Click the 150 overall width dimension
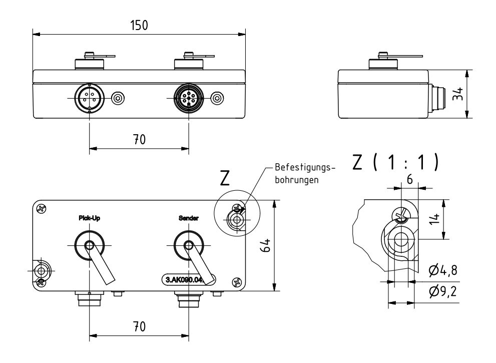pyautogui.click(x=139, y=26)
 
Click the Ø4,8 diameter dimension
pyautogui.click(x=442, y=271)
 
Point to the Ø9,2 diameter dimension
pyautogui.click(x=442, y=290)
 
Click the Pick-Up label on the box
pyautogui.click(x=90, y=218)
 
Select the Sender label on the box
pyautogui.click(x=189, y=218)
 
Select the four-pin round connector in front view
pyautogui.click(x=90, y=98)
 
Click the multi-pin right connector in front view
pyautogui.click(x=189, y=98)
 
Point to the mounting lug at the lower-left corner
pyautogui.click(x=41, y=270)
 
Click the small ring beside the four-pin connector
pyautogui.click(x=118, y=98)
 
